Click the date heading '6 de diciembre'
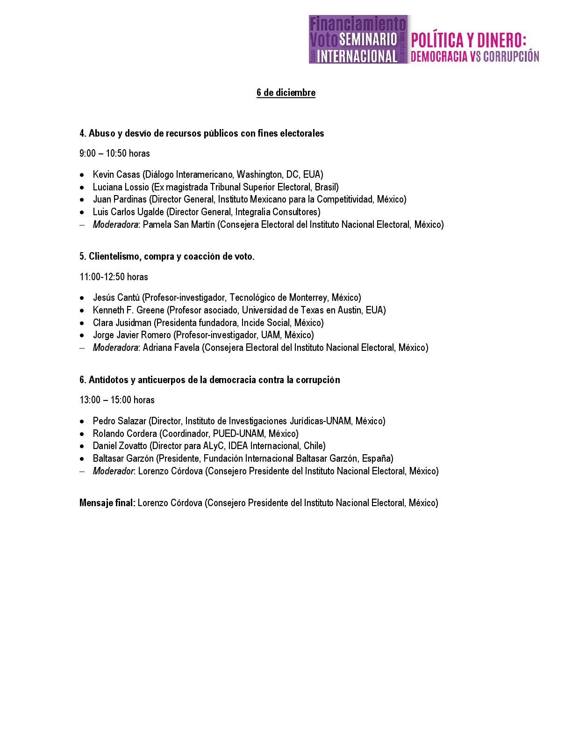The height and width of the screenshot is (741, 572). point(286,93)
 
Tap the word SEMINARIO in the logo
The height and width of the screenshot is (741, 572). point(368,39)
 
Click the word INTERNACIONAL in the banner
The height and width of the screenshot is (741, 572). point(357,57)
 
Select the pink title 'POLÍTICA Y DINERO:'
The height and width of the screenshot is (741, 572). point(468,40)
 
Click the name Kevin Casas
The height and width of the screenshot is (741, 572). point(116,174)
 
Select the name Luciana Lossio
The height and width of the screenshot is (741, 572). point(121,187)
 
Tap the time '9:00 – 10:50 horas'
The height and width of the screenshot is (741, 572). point(114,153)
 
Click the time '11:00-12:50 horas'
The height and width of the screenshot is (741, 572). point(114,277)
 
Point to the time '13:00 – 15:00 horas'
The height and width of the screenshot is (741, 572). point(117,400)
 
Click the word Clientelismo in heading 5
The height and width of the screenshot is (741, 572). point(114,256)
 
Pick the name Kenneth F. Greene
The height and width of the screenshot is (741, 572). point(129,310)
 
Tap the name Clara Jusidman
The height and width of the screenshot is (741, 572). point(122,323)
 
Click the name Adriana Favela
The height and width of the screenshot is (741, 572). point(171,348)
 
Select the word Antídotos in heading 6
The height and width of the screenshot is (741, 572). point(108,380)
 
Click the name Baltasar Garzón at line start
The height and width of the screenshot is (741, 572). point(122,458)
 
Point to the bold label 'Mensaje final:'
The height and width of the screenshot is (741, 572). point(107,503)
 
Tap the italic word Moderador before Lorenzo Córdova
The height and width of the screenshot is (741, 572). point(113,471)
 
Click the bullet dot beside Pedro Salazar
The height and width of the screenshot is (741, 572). point(82,421)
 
